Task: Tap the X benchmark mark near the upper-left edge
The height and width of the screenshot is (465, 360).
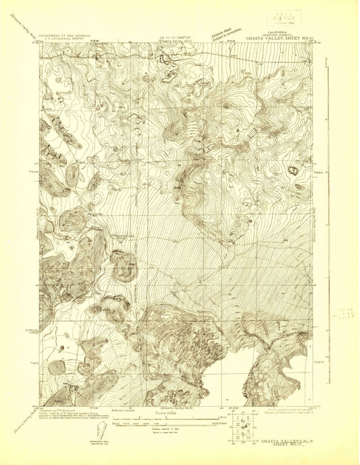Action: pos(45,107)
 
